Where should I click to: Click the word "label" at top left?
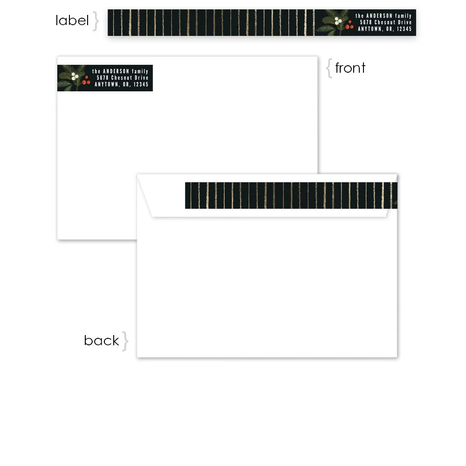(72, 21)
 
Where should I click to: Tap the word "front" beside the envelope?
(350, 68)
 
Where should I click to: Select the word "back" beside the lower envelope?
(101, 341)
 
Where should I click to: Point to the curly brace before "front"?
(329, 69)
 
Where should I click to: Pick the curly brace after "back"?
(125, 341)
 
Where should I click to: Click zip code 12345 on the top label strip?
(404, 29)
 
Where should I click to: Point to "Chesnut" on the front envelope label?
(121, 78)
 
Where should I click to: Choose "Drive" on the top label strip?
(404, 22)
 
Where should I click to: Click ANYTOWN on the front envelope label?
(106, 85)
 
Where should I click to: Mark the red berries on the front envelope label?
(85, 82)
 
